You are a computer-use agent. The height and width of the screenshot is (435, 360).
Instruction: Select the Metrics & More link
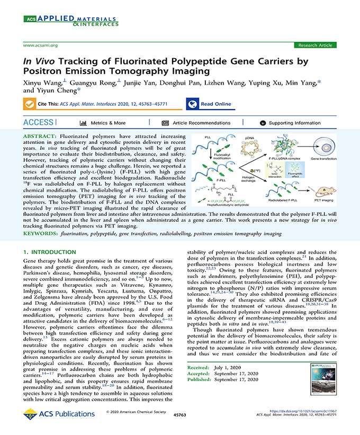point(103,123)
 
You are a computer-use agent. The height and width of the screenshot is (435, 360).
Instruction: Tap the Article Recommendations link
point(194,123)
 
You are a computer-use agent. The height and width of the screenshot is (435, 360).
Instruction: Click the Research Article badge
point(316,46)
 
